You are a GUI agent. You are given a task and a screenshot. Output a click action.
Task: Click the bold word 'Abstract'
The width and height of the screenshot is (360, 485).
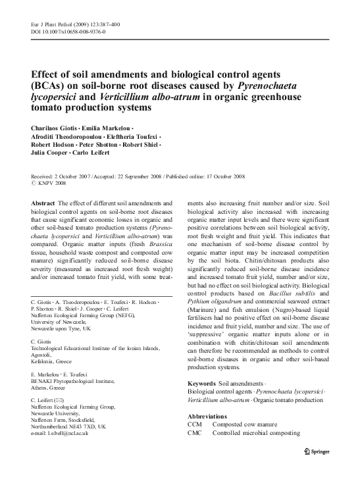coord(43,204)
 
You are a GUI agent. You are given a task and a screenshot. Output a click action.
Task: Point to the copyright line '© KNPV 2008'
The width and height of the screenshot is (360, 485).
coord(49,185)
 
